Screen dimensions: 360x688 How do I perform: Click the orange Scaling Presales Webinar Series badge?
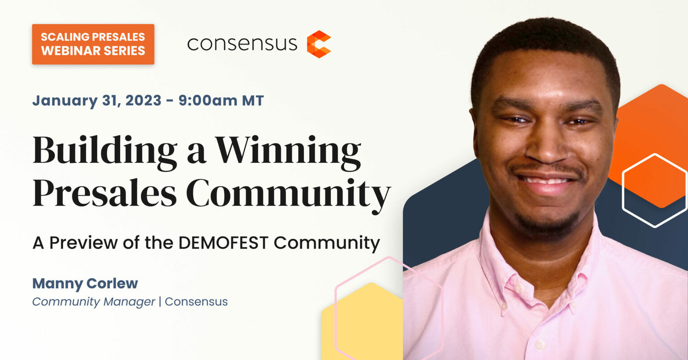(93, 44)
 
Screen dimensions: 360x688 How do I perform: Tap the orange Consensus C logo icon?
(319, 44)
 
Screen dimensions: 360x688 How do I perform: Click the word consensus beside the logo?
(242, 44)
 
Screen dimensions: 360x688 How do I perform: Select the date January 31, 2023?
(97, 100)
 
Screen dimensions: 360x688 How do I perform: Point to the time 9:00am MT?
(221, 100)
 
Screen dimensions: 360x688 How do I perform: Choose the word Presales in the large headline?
(105, 194)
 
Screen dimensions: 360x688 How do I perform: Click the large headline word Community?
(288, 194)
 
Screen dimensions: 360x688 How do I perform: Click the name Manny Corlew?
(85, 283)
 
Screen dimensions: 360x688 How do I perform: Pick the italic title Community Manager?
(94, 301)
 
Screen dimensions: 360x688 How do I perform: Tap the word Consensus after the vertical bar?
(196, 301)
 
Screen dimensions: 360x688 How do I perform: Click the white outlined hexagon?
(654, 190)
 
